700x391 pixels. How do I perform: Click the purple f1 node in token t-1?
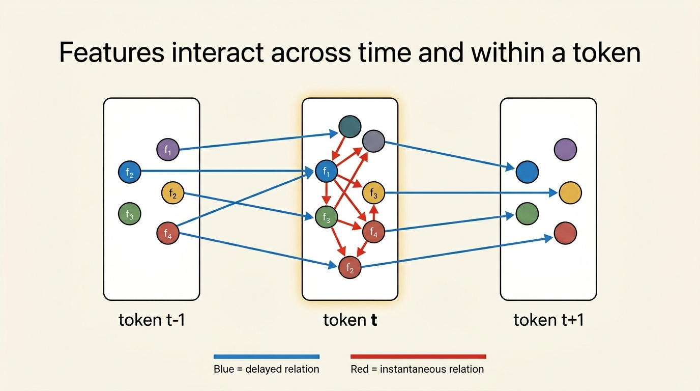point(168,149)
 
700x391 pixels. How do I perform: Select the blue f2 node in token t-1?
point(129,172)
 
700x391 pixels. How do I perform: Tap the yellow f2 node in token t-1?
point(172,193)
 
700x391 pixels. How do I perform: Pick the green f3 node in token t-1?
point(129,213)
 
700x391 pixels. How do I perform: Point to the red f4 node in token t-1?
point(168,234)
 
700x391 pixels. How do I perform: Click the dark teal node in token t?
point(349,127)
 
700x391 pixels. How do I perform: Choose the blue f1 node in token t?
point(327,172)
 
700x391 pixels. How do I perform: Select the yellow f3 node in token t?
point(373,193)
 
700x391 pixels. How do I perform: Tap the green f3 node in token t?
point(327,217)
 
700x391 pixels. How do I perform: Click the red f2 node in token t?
point(350,268)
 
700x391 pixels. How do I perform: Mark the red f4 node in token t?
point(373,233)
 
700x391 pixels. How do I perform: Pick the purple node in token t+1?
point(565,150)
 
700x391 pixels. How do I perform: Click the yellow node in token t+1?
point(570,193)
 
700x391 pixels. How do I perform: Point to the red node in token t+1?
point(565,233)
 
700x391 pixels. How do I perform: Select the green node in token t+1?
point(527,213)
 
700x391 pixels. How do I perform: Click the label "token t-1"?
point(152,320)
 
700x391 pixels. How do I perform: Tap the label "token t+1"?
point(548,320)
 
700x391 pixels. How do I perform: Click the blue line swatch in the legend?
point(267,356)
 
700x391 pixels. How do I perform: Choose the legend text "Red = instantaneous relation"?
point(417,369)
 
